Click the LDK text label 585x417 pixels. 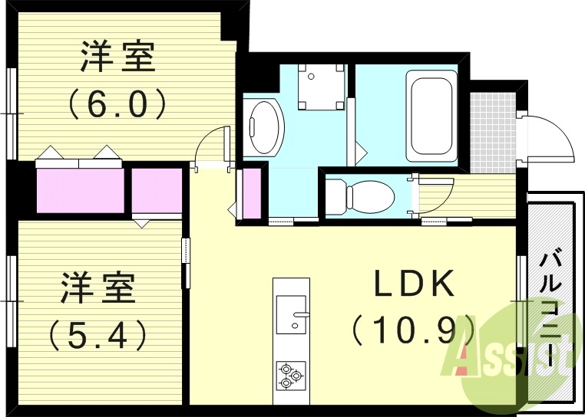point(414,285)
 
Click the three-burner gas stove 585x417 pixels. point(290,375)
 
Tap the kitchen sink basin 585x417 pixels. point(291,314)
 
